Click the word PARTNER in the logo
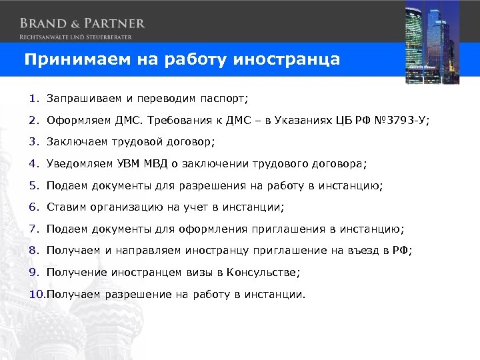pyautogui.click(x=111, y=23)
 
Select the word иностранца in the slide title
pyautogui.click(x=287, y=59)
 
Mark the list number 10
pyautogui.click(x=36, y=293)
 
